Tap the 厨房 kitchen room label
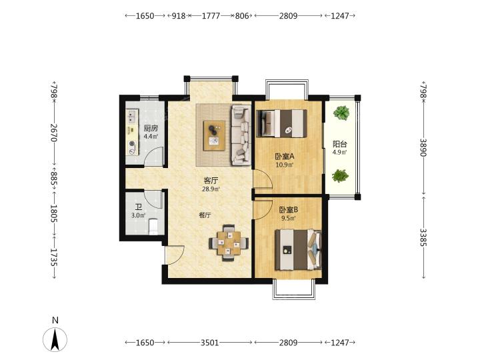click(x=151, y=128)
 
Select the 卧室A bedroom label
click(x=285, y=157)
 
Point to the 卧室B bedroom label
click(x=289, y=210)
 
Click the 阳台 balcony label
click(x=340, y=144)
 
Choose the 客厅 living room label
click(x=211, y=181)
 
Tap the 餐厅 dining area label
click(x=205, y=215)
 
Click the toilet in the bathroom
click(x=153, y=226)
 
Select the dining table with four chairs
click(x=229, y=243)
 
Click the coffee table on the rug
click(x=214, y=135)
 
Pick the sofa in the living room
click(x=241, y=135)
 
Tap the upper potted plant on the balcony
click(x=341, y=113)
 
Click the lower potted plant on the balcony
click(x=341, y=176)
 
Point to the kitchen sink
click(x=132, y=117)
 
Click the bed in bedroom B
click(x=299, y=250)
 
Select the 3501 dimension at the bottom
click(x=210, y=343)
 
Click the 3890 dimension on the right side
click(x=423, y=147)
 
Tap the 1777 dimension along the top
click(x=211, y=15)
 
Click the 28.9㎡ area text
click(x=211, y=189)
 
